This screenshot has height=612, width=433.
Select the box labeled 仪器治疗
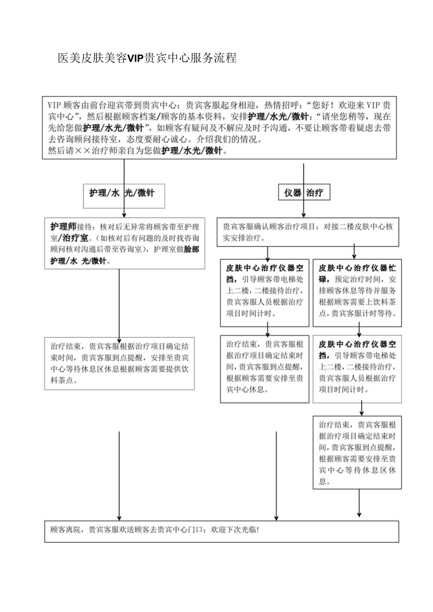point(304,193)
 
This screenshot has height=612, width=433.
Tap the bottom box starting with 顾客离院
point(221,531)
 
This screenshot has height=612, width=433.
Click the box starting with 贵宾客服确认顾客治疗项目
point(308,232)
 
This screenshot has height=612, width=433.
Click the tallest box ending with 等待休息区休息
point(357,451)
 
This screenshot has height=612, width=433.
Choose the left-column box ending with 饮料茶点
point(119,363)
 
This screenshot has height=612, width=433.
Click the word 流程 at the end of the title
point(227,58)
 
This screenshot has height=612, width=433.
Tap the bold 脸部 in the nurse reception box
point(192,249)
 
